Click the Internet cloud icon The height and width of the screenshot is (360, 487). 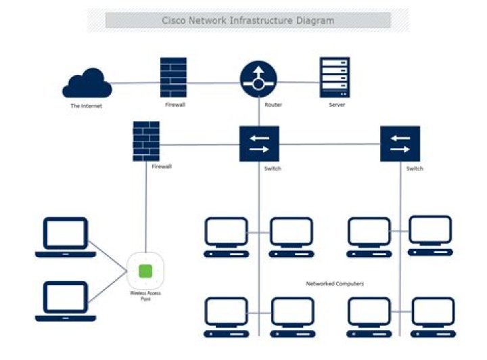pos(87,85)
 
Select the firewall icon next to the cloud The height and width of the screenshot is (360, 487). pos(173,77)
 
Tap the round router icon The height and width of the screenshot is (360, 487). pos(258,80)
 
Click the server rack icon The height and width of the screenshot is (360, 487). pos(335,78)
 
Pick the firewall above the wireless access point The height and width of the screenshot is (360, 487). pos(146,141)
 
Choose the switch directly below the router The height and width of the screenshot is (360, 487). pos(259,143)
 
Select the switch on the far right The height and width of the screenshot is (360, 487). pos(400,143)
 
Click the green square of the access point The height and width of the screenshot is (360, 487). pos(145,271)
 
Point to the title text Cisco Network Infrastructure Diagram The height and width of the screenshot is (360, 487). pos(248,20)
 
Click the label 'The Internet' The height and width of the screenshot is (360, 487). pos(87,106)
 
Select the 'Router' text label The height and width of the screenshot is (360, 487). pos(274,105)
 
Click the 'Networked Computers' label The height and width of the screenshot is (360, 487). pos(335,284)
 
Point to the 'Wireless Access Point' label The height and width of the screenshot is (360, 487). pos(145,296)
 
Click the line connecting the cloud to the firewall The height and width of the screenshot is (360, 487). pos(135,83)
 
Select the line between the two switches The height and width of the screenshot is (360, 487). pos(329,143)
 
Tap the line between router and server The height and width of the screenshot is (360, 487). pos(298,83)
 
